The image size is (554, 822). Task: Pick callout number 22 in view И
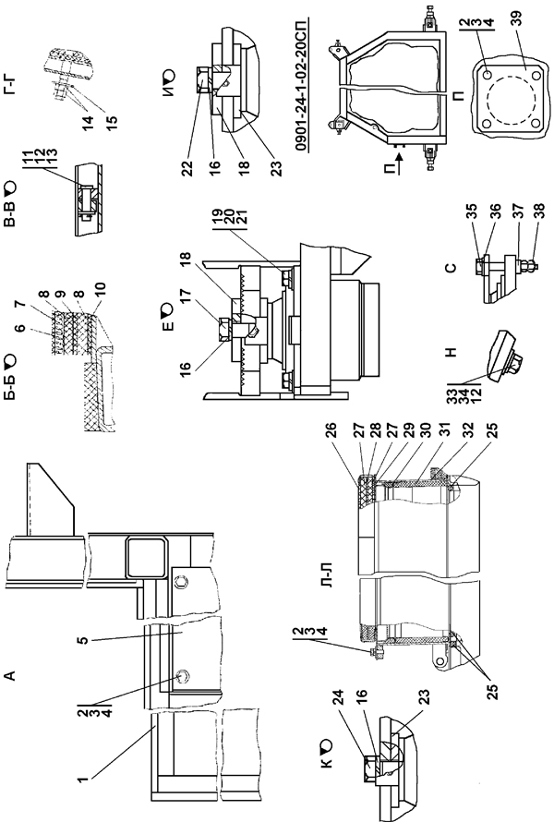pos(187,168)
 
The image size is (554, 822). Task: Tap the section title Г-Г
pos(11,86)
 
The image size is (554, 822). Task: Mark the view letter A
pos(10,677)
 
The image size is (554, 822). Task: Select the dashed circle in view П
pos(505,99)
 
